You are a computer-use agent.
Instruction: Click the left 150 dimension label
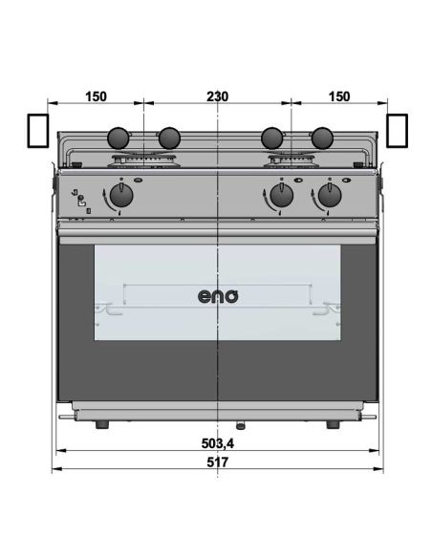(96, 97)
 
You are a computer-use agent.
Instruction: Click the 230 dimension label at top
(218, 97)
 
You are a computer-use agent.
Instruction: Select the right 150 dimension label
(338, 97)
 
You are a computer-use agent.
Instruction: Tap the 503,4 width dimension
(218, 444)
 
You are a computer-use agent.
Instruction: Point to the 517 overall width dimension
(218, 461)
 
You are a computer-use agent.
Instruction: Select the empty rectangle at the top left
(37, 130)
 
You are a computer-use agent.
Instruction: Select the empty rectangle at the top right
(398, 130)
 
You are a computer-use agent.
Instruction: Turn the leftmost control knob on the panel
(120, 197)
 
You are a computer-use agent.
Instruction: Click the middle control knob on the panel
(280, 197)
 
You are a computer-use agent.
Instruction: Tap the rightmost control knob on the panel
(330, 197)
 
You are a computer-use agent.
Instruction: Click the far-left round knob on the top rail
(118, 138)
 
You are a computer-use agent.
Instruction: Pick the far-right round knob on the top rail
(322, 138)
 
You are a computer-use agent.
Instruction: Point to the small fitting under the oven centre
(239, 424)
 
